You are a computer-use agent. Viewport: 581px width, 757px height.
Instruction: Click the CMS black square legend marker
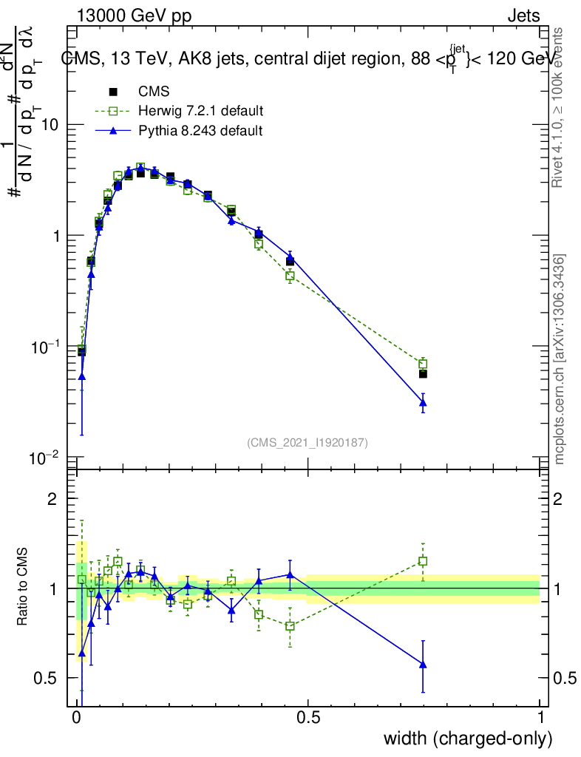pos(113,92)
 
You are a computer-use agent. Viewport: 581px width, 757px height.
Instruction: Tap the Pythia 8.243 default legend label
pos(200,130)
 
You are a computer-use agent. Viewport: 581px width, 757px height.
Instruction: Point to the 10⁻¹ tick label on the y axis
pos(45,347)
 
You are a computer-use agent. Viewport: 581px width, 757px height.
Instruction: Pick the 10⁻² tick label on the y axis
pos(45,458)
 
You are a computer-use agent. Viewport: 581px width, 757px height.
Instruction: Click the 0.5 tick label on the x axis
pos(309,718)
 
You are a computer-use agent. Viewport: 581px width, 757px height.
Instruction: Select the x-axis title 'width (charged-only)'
pos(468,738)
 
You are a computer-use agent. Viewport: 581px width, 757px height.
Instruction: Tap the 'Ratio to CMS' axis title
pos(24,588)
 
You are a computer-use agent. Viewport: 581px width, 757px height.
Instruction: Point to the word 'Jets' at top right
pos(523,16)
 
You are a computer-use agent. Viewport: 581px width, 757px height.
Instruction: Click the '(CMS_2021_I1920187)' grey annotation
pos(308,442)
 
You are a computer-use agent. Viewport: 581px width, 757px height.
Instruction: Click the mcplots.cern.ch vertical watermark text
pos(560,359)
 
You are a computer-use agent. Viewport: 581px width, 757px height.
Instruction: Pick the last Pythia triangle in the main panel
pos(423,403)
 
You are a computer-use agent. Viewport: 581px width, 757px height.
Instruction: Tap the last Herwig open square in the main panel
pos(423,364)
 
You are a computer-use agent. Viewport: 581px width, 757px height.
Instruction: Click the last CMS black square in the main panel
pos(423,374)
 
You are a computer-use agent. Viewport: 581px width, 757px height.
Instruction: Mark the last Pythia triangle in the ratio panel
pos(423,665)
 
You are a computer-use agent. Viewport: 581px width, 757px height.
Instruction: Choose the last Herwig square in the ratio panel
pos(423,561)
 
